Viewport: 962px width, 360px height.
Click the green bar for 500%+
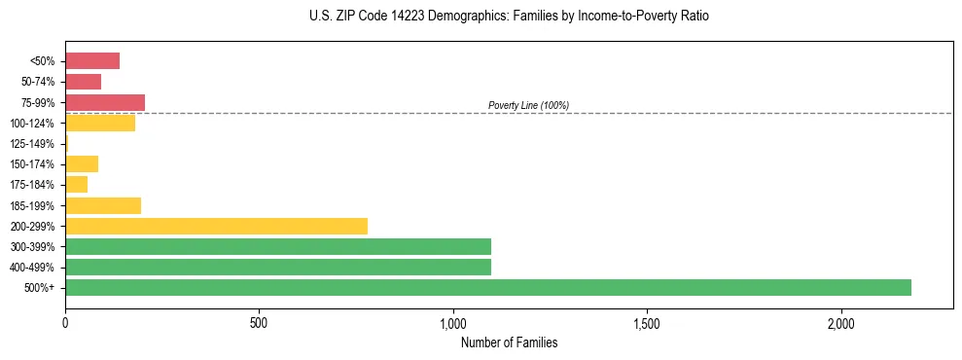pos(487,287)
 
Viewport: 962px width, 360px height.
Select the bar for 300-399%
pos(277,246)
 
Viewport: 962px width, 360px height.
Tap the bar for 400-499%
pos(277,267)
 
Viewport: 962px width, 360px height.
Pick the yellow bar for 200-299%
pos(216,226)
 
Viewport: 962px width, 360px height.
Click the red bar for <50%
pos(92,60)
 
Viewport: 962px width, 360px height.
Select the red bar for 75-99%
pos(105,102)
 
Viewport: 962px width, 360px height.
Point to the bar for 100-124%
pos(100,123)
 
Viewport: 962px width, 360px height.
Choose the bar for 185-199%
pos(103,205)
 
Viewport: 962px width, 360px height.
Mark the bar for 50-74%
pos(83,82)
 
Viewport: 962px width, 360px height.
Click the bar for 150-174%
pos(82,163)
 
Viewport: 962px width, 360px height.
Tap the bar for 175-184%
pos(76,184)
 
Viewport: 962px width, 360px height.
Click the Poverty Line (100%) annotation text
pos(528,105)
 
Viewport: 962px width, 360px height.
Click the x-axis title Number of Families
pos(509,342)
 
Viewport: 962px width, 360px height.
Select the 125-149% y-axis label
pos(32,144)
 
